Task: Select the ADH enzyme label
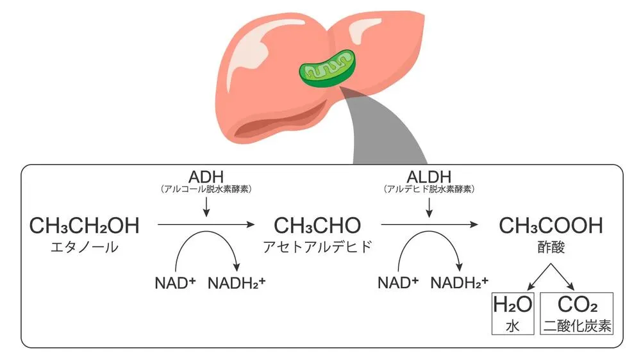click(x=206, y=176)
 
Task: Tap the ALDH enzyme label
click(x=428, y=176)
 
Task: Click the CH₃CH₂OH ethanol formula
click(x=84, y=225)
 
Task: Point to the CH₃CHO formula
click(x=317, y=225)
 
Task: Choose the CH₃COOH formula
click(x=551, y=225)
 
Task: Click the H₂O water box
click(x=513, y=313)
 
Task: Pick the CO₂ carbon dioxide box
click(x=578, y=313)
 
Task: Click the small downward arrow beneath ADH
click(x=206, y=207)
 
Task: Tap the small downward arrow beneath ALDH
click(x=428, y=207)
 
